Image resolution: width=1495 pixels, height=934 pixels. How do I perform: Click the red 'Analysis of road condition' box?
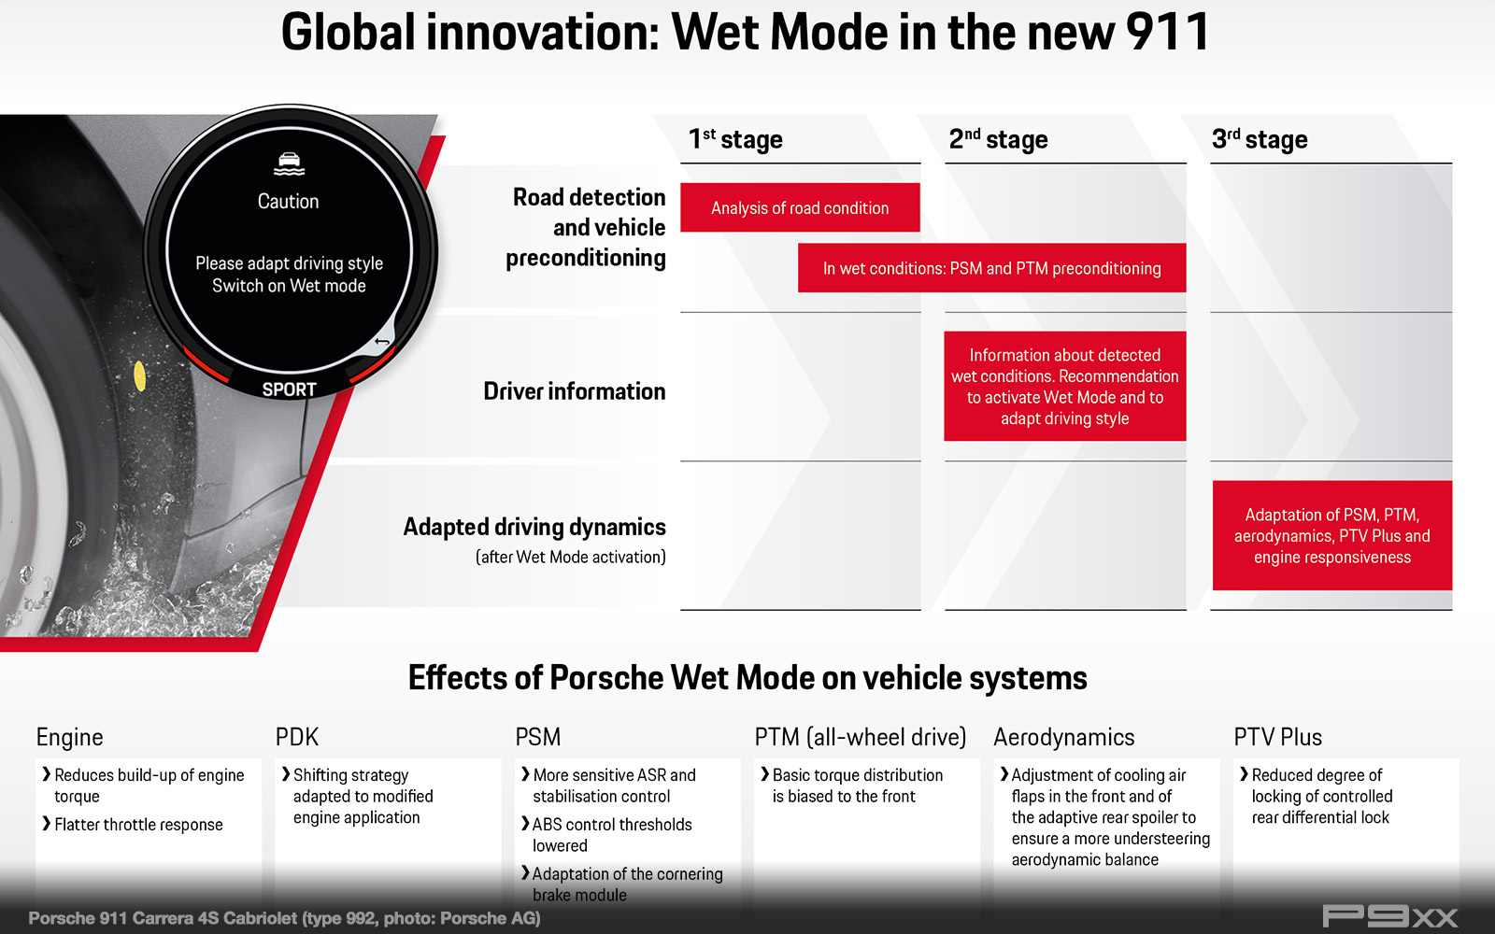pyautogui.click(x=800, y=207)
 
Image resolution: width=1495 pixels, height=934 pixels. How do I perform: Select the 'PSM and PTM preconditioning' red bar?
pyautogui.click(x=991, y=267)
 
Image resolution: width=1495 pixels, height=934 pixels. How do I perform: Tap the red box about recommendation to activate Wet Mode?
pyautogui.click(x=1064, y=387)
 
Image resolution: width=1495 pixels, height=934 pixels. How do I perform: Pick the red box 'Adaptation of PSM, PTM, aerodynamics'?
pyautogui.click(x=1332, y=535)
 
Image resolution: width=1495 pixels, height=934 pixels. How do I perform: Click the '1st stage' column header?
pyautogui.click(x=735, y=139)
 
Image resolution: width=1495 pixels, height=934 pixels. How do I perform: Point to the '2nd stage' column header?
pyautogui.click(x=999, y=139)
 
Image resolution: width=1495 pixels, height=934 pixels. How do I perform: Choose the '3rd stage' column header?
pyautogui.click(x=1260, y=139)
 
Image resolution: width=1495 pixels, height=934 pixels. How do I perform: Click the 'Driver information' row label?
pyautogui.click(x=575, y=391)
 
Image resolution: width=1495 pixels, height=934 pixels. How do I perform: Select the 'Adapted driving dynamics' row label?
pyautogui.click(x=534, y=527)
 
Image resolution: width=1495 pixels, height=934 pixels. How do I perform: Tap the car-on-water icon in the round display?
pyautogui.click(x=289, y=164)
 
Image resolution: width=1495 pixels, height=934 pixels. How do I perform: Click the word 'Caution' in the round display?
pyautogui.click(x=289, y=202)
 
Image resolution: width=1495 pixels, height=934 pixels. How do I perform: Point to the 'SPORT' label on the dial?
pyautogui.click(x=289, y=389)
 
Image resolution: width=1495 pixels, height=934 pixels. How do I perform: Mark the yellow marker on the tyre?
pyautogui.click(x=139, y=375)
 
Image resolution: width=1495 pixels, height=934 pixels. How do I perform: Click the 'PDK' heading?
pyautogui.click(x=297, y=737)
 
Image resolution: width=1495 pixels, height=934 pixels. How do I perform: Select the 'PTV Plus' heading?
pyautogui.click(x=1277, y=737)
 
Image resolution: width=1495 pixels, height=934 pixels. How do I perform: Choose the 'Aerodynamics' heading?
pyautogui.click(x=1064, y=737)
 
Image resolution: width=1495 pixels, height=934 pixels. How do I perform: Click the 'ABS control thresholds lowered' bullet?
pyautogui.click(x=606, y=835)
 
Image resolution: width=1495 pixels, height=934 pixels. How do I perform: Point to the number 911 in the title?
pyautogui.click(x=1167, y=32)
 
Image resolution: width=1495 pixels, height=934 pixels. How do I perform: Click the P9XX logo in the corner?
pyautogui.click(x=1389, y=916)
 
